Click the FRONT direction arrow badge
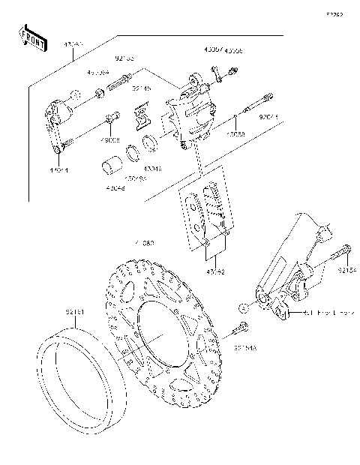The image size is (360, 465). point(33,40)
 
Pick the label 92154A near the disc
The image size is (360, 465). point(244,347)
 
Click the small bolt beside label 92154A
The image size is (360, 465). point(242,328)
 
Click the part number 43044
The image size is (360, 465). point(58,169)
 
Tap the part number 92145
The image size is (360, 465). point(142,88)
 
